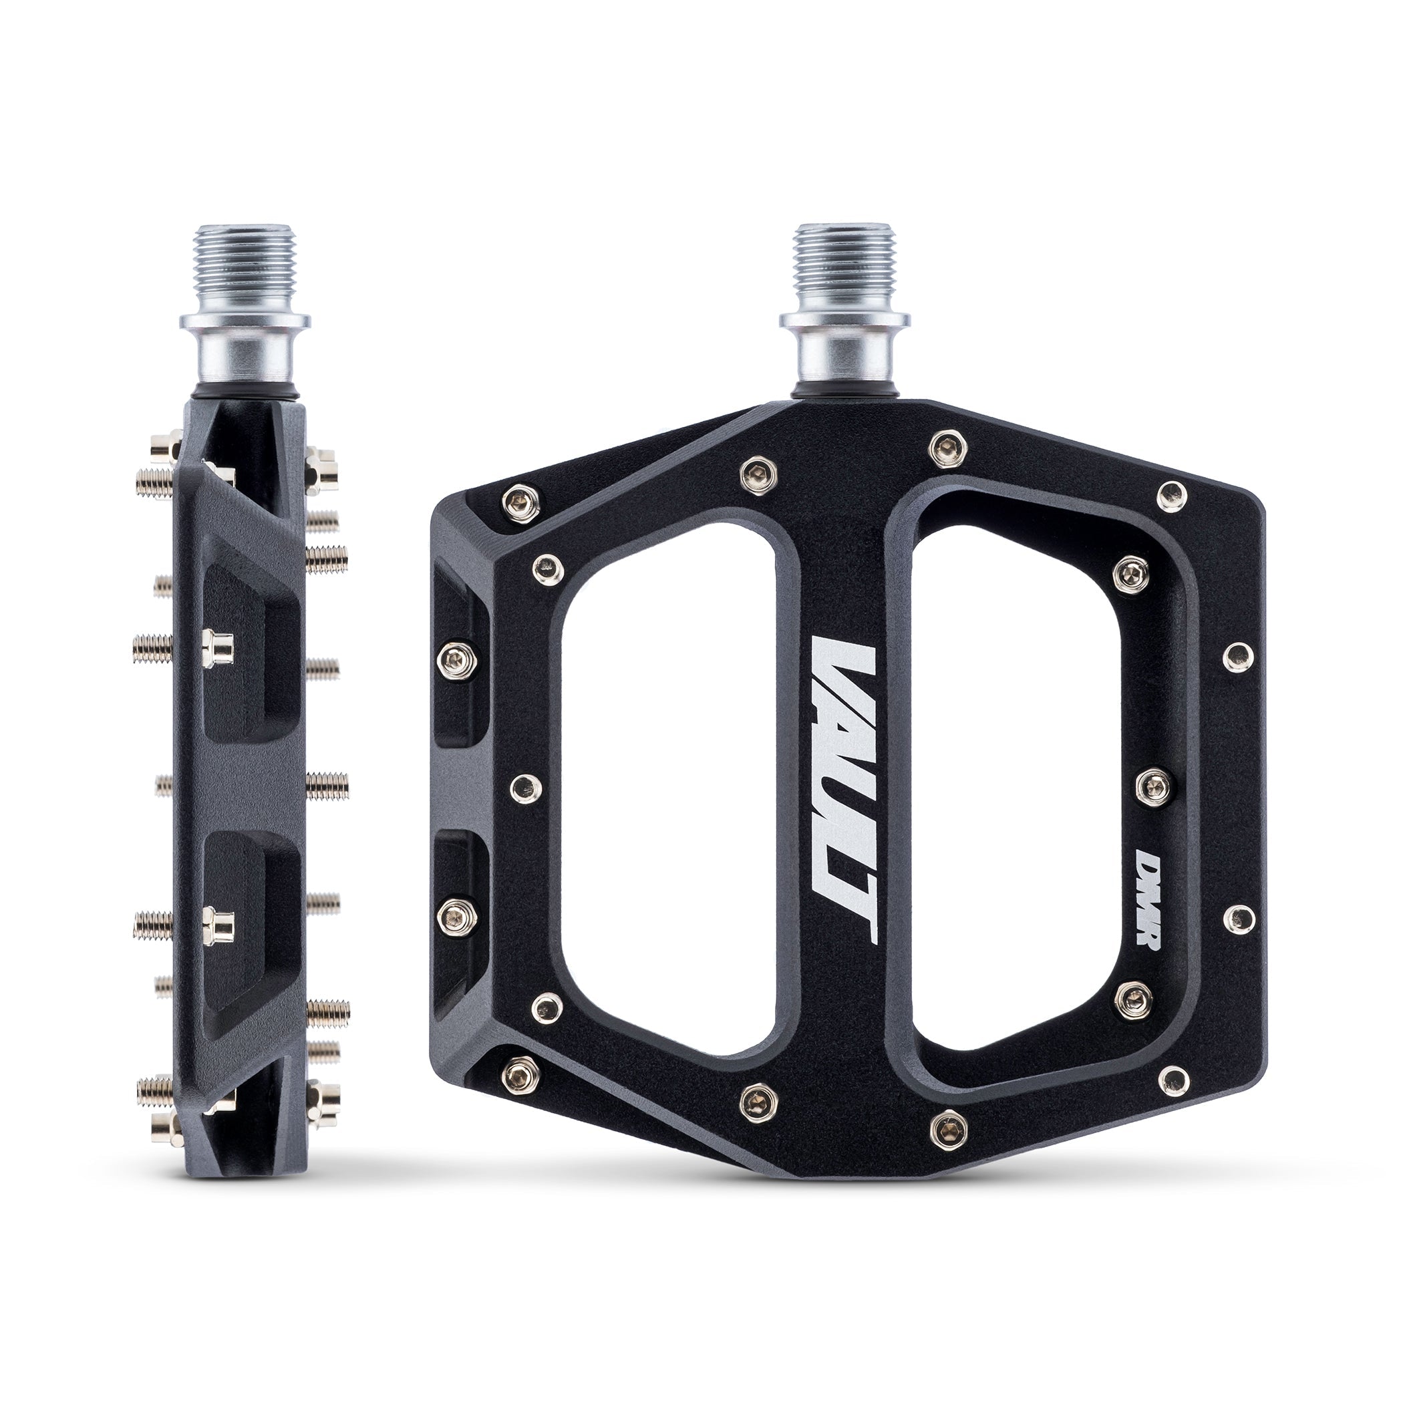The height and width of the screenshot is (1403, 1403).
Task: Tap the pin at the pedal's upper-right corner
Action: pos(1171,494)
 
